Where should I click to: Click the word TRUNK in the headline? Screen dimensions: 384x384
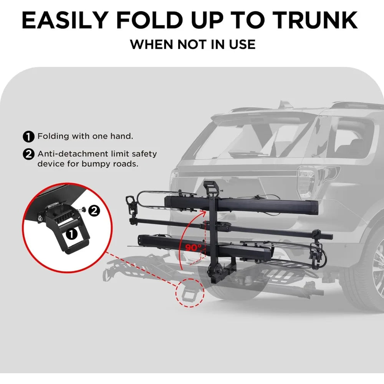point(315,20)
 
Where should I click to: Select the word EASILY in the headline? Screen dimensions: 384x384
point(65,20)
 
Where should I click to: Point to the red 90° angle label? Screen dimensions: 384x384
point(194,248)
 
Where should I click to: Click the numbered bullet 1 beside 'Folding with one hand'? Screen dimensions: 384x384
point(29,136)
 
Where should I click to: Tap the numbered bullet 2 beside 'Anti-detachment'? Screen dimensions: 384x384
point(29,154)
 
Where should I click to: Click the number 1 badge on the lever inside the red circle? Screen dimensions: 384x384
point(71,234)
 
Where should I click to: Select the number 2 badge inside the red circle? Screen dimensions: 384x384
point(94,210)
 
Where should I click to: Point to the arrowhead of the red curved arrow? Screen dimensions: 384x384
point(203,213)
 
